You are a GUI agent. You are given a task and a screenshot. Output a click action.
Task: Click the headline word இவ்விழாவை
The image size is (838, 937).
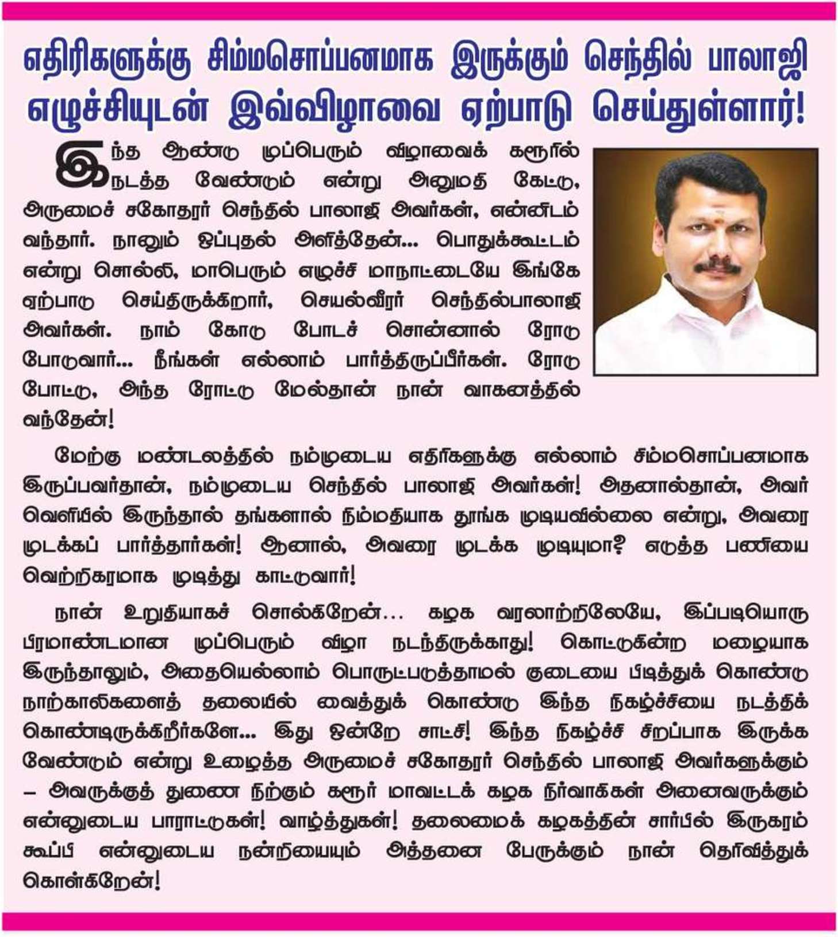334,107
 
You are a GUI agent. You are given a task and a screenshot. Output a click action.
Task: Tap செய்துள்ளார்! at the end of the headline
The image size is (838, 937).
698,107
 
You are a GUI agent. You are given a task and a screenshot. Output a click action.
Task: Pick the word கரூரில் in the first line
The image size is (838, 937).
544,152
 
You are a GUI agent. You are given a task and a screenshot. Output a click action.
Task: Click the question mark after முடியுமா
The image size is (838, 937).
618,546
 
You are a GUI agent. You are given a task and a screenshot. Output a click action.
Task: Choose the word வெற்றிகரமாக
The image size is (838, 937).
89,575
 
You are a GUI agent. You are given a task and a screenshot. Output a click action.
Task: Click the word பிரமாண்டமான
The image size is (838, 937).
95,642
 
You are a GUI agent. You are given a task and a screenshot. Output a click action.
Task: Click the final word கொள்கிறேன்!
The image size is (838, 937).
91,881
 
